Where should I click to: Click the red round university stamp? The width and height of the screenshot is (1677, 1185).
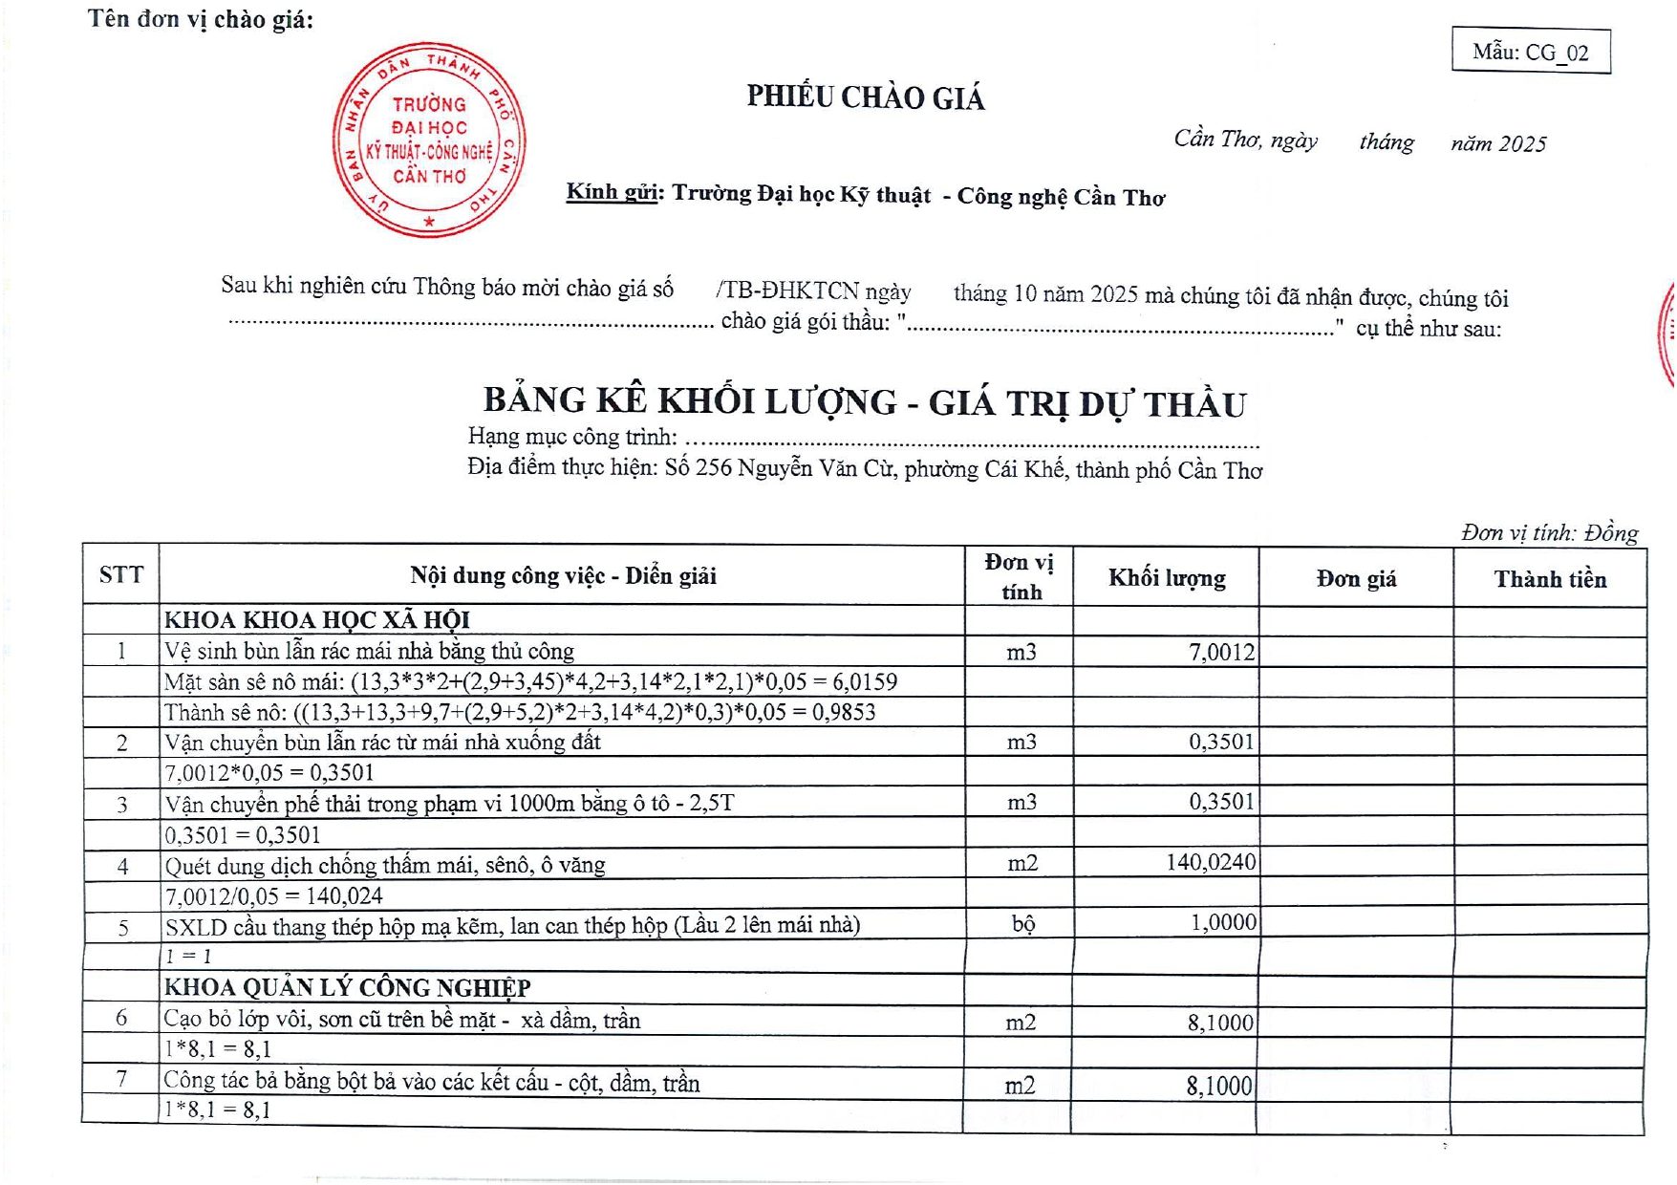coord(428,140)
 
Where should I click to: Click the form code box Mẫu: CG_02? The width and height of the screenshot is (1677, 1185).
coord(1530,52)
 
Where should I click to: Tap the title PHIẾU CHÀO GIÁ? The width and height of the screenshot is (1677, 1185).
coord(865,97)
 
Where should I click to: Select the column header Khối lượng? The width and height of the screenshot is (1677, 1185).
coord(1167,578)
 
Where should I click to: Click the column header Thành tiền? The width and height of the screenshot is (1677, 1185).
coord(1550,579)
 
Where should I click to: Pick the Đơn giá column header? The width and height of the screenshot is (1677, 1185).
coord(1356,579)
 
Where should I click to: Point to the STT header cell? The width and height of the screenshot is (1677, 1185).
coord(121,574)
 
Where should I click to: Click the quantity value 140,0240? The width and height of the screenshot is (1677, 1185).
coord(1211,862)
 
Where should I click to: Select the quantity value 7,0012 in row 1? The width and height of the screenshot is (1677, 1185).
coord(1221,653)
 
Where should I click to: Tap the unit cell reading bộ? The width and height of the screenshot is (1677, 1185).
coord(1022,924)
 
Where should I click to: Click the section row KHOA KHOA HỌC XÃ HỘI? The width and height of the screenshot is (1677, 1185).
coord(317,620)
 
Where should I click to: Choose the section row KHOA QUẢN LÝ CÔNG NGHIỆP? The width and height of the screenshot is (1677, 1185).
coord(348,987)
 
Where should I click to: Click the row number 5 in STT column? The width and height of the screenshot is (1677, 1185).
coord(123,927)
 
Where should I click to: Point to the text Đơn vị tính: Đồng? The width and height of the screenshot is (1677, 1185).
coord(1549,532)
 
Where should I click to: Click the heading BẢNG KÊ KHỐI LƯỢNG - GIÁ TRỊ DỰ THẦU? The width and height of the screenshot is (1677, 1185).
coord(865,402)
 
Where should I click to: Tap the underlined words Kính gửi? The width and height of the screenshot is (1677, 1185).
coord(613,192)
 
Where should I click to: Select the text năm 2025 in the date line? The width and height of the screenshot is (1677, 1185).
coord(1497,144)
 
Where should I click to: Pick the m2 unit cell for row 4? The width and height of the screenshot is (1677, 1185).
coord(1022,863)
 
